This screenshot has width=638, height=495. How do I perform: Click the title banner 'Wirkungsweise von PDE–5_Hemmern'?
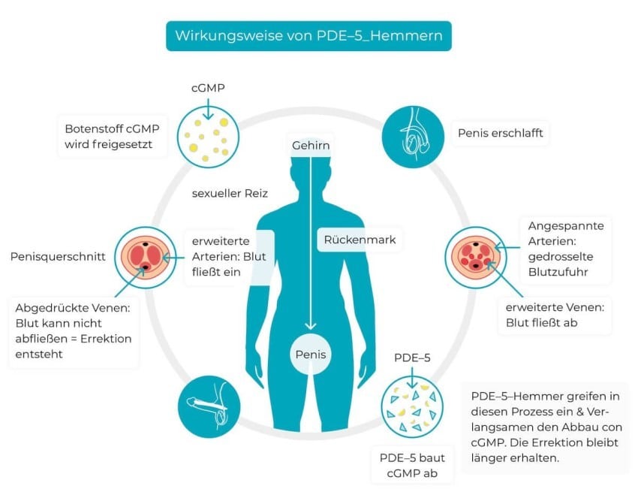tap(308, 36)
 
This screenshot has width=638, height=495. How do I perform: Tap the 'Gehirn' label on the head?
tap(311, 145)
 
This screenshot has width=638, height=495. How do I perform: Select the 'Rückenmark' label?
tap(360, 240)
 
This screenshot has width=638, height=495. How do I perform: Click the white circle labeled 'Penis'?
tap(311, 354)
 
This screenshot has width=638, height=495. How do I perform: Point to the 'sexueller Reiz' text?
tap(230, 193)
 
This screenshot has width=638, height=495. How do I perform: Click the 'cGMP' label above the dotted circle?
tap(208, 88)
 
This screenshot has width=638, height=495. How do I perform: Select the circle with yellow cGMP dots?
tap(208, 137)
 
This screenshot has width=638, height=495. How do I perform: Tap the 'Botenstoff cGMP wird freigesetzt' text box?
tap(112, 137)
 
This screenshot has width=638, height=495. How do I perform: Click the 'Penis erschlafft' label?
tap(501, 133)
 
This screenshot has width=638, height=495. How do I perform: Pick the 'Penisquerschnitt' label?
tap(58, 256)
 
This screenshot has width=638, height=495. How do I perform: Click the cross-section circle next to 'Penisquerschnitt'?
tap(146, 258)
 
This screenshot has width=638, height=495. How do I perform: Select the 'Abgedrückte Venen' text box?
tap(74, 331)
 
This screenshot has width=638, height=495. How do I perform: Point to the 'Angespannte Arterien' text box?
tap(566, 249)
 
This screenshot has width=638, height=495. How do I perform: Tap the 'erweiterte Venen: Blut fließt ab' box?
tap(555, 315)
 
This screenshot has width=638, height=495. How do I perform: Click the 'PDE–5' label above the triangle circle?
tap(412, 358)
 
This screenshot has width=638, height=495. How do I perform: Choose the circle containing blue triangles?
tap(412, 407)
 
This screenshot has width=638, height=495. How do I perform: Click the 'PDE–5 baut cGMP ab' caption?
tap(412, 466)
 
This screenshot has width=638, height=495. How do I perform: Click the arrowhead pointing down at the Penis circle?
tap(311, 326)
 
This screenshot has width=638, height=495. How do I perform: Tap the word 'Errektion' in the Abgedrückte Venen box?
tap(106, 339)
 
